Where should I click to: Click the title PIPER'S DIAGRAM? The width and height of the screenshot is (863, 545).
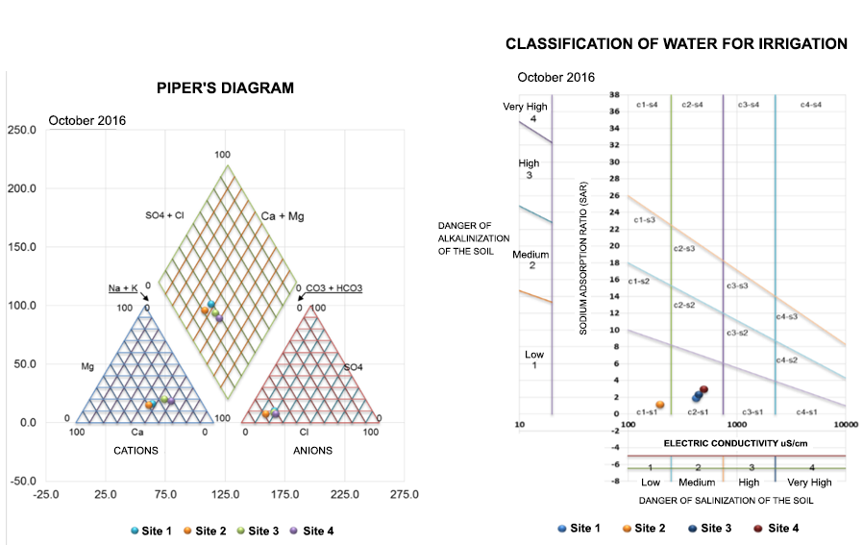coord(225,87)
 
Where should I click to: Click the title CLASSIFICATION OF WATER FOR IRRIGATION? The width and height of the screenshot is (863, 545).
coord(676,44)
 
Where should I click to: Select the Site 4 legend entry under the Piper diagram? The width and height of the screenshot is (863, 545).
coord(317,531)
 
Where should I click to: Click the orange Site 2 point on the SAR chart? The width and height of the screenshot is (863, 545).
coord(660,405)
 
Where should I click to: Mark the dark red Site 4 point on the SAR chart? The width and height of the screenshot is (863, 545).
coord(703,389)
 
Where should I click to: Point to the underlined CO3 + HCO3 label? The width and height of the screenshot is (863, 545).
coord(333,287)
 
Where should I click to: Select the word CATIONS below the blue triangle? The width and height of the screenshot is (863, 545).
coord(136,451)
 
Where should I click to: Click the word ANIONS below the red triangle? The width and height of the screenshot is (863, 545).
coord(312,451)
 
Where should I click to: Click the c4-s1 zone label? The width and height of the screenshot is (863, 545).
coord(807,411)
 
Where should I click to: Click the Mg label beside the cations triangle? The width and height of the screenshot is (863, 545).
coord(87,367)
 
